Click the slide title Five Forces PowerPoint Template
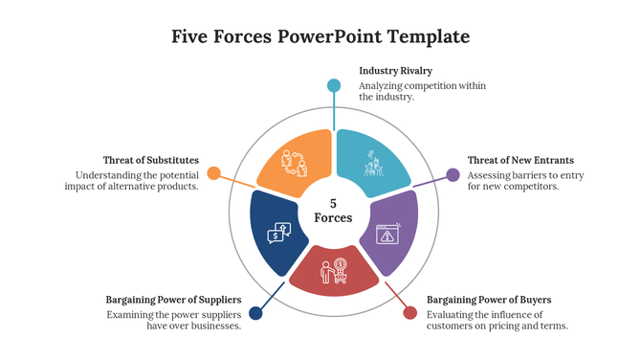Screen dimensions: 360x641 pos(320,37)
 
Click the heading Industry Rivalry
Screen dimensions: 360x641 pos(395,71)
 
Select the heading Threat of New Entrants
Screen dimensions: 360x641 pos(520,160)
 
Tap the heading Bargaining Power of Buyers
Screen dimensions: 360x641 pos(488,300)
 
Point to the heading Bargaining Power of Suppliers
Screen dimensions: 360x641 pos(173,300)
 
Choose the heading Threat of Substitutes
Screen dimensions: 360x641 pos(151,160)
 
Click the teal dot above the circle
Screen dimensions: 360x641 pos(334,85)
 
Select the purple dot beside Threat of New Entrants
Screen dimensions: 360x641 pos(453,175)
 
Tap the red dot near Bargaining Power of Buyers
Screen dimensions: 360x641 pos(410,313)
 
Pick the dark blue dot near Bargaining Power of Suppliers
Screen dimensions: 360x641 pos(255,313)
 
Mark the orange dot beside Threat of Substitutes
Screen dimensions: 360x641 pos(214,173)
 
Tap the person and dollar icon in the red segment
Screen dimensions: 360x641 pos(334,272)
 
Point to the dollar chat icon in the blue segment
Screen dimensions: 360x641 pos(278,231)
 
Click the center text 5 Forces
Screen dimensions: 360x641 pos(333,211)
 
